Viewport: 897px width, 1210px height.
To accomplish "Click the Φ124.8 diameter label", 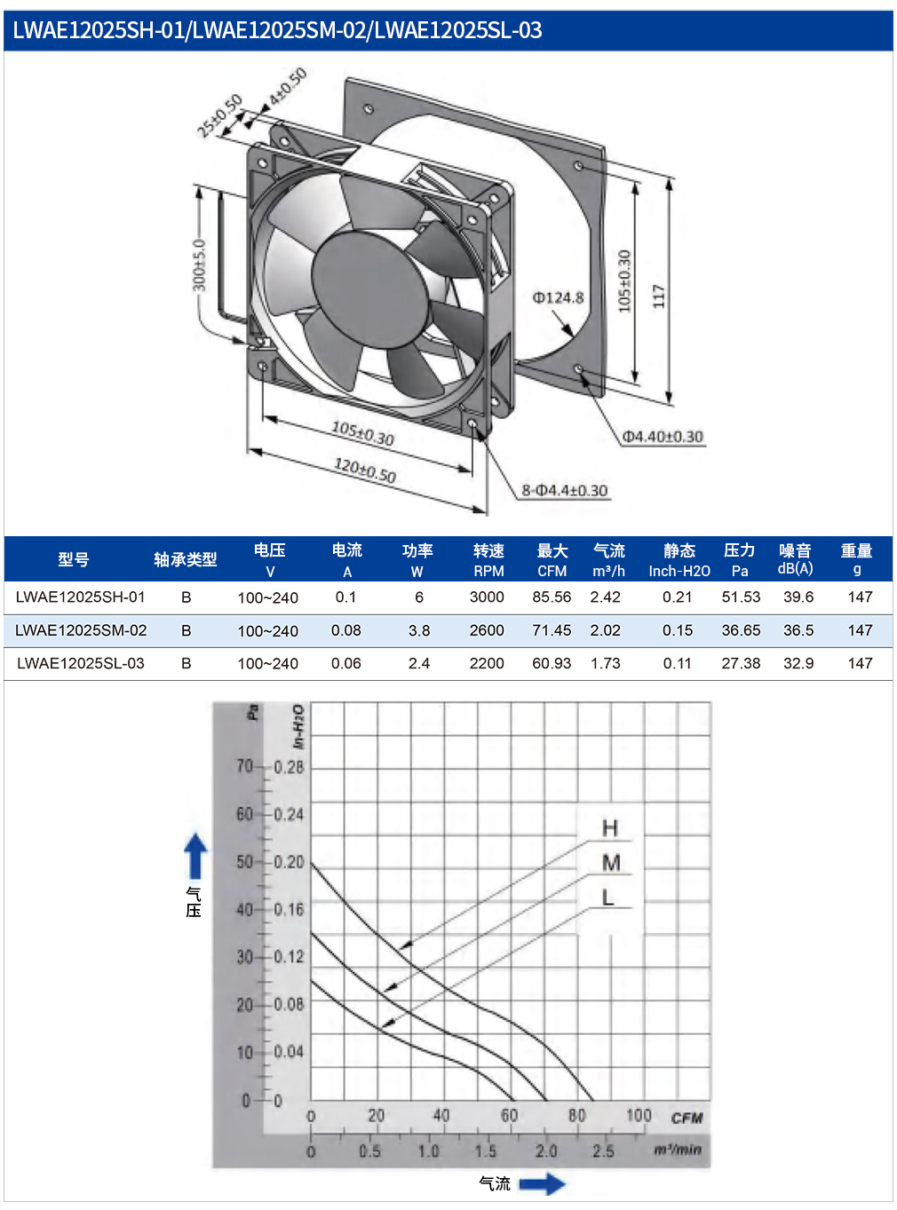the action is point(558,298).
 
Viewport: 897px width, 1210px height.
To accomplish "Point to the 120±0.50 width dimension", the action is point(365,471).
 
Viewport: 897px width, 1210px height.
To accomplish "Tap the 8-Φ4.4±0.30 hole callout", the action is point(565,490).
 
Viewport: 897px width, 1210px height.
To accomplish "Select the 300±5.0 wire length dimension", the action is point(200,265).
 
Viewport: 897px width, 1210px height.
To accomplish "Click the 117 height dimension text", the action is point(659,297).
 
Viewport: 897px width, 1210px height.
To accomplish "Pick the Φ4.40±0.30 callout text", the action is point(663,437).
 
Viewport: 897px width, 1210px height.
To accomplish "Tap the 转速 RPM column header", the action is point(488,559).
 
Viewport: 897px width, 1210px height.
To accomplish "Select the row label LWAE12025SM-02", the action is point(81,630).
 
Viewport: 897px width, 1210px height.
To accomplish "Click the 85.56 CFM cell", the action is point(552,597).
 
